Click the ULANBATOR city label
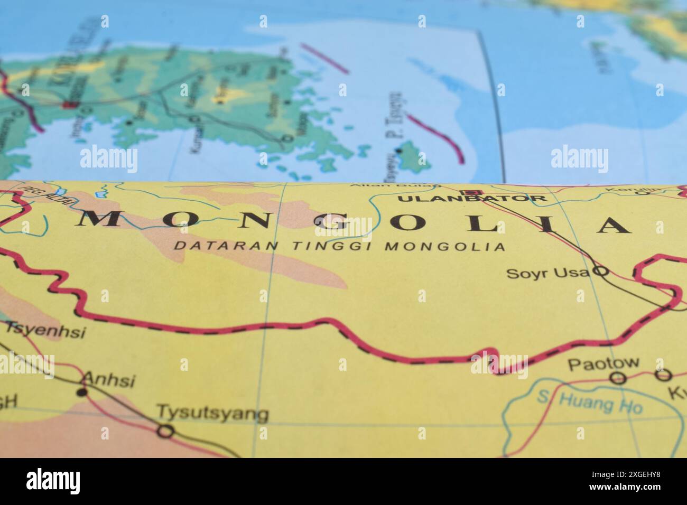[x=472, y=199]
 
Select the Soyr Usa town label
[x=547, y=273]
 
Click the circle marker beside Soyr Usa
[x=600, y=272]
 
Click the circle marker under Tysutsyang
[x=166, y=431]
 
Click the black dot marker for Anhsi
[x=82, y=392]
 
